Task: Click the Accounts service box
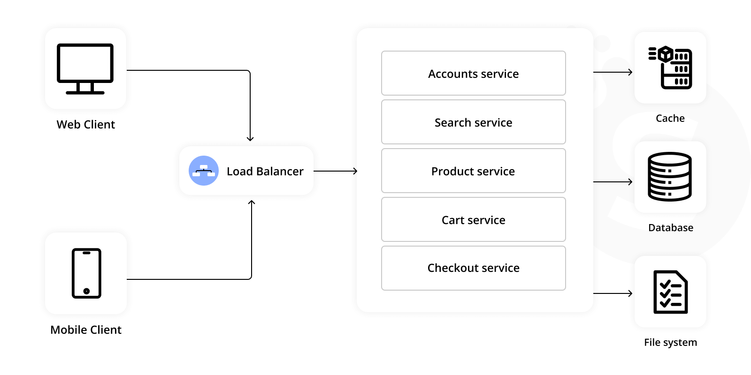[x=473, y=74]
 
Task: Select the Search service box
[x=473, y=122]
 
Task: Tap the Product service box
[x=473, y=171]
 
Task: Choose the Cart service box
[x=473, y=220]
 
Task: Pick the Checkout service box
[x=473, y=268]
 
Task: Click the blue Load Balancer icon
[x=204, y=171]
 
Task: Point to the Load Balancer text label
[x=265, y=172]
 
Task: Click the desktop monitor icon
[x=85, y=69]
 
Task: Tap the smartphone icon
[x=86, y=273]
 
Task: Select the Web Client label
[x=85, y=125]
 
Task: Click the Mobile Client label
[x=85, y=330]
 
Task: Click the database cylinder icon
[x=670, y=177]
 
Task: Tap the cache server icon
[x=670, y=67]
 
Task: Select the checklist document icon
[x=670, y=292]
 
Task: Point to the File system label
[x=670, y=343]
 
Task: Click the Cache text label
[x=670, y=119]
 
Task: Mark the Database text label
[x=670, y=228]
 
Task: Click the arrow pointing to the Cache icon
[x=613, y=72]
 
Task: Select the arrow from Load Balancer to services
[x=335, y=171]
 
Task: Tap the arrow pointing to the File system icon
[x=613, y=293]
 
